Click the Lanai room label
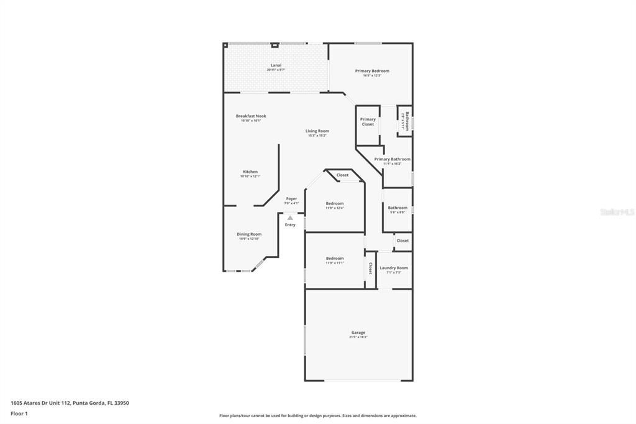tap(276, 65)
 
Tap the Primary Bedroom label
tap(372, 71)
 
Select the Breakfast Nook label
tap(251, 116)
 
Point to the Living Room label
tap(317, 131)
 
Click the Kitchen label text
tap(250, 172)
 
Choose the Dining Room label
tap(248, 234)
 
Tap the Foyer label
tap(291, 199)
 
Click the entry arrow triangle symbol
tap(290, 218)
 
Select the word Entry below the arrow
tap(290, 224)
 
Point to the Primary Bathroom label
tap(392, 159)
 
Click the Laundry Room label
tap(394, 268)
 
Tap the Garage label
tap(358, 333)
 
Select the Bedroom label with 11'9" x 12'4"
tap(335, 203)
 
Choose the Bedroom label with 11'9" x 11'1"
tap(335, 258)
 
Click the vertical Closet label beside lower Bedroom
tap(370, 268)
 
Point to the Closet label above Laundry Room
tap(402, 241)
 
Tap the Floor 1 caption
tap(19, 413)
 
